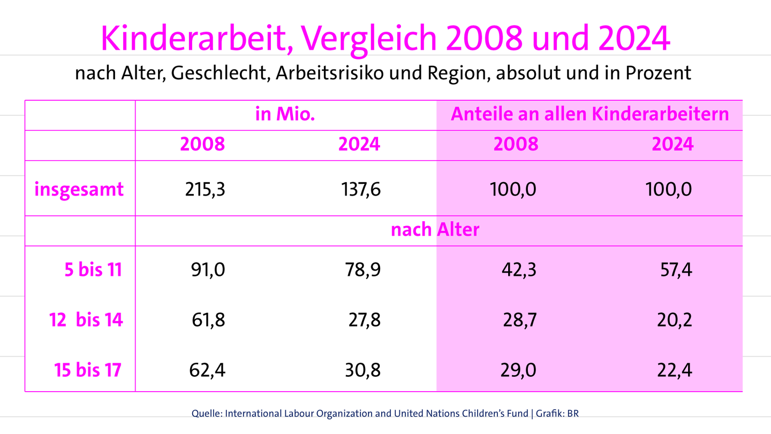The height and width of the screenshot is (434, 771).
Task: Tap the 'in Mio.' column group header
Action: click(x=285, y=115)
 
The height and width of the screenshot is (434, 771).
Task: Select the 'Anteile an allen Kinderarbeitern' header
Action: click(x=590, y=115)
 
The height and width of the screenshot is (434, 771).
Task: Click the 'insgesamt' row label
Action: click(x=79, y=189)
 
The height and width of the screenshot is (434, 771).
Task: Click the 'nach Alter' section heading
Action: click(x=435, y=230)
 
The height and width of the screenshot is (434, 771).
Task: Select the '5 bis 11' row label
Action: click(x=93, y=270)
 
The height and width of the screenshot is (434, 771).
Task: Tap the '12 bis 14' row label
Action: click(x=86, y=320)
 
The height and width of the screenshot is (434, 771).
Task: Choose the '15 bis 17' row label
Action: click(x=88, y=370)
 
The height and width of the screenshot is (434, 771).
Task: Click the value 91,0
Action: click(x=208, y=270)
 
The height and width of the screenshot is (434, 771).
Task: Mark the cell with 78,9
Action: click(x=363, y=270)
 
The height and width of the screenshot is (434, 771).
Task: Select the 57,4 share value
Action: click(x=675, y=270)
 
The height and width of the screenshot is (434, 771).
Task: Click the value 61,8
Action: click(x=208, y=320)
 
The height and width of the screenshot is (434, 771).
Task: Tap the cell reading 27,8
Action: click(x=364, y=320)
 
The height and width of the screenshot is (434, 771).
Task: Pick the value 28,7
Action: click(x=519, y=320)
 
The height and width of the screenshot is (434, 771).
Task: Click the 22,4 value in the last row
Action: click(x=674, y=370)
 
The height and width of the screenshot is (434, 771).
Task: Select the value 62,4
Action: click(x=207, y=370)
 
